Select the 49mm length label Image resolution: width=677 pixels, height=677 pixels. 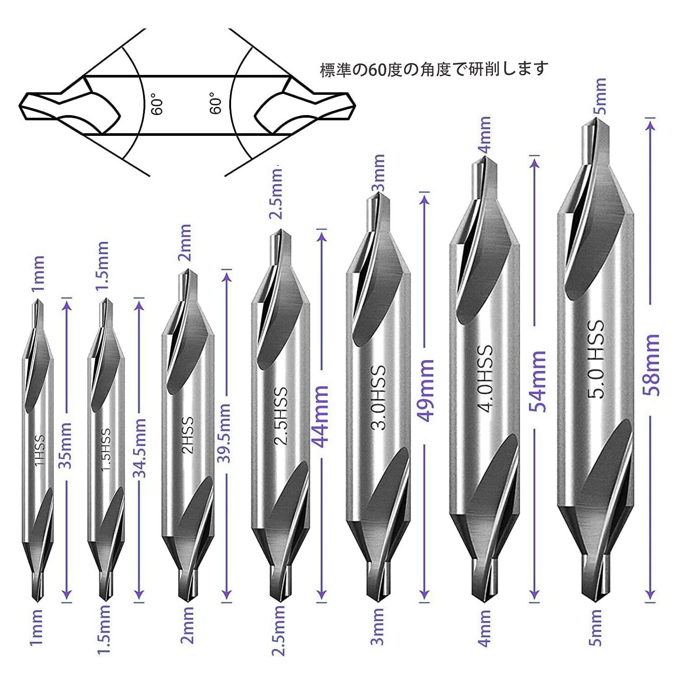pos(425,390)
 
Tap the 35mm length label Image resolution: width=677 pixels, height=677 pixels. pos(66,446)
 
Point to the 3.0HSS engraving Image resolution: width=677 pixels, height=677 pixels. pos(379,397)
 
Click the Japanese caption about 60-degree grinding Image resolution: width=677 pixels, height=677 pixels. pos(434,69)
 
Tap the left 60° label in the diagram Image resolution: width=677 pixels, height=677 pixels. pos(157,104)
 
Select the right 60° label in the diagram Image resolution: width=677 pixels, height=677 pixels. pos(216,103)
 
